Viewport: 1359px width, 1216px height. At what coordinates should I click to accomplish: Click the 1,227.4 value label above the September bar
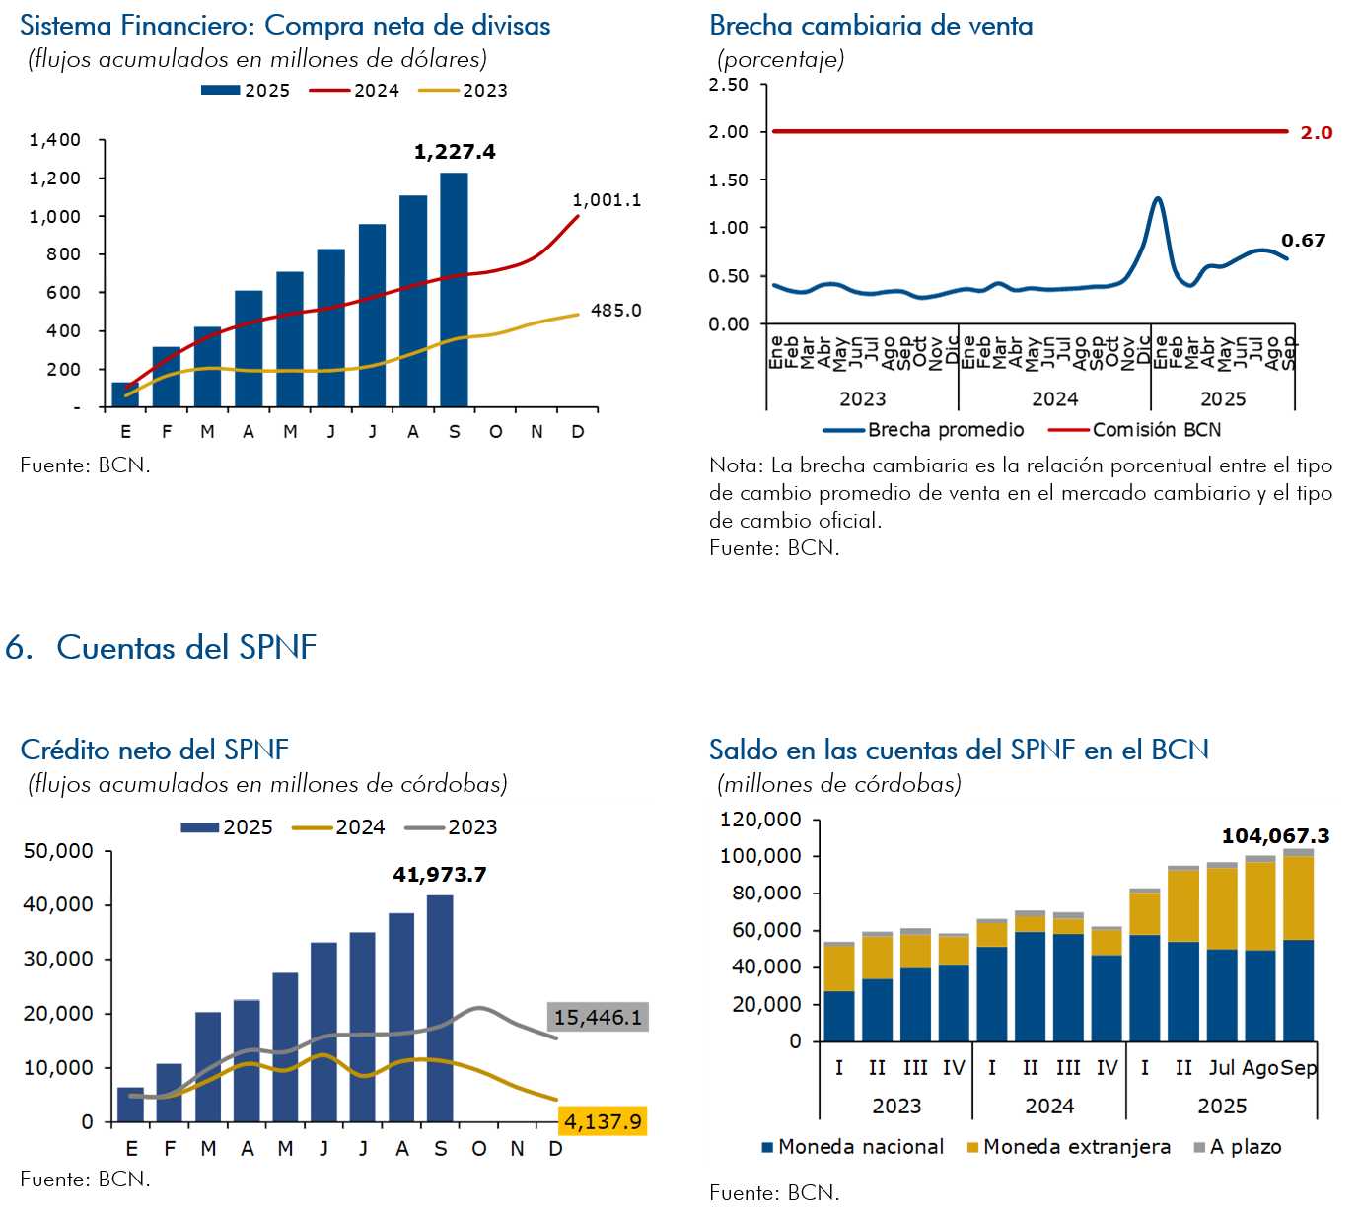click(x=455, y=152)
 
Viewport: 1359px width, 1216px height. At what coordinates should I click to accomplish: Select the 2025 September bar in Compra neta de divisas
click(x=454, y=290)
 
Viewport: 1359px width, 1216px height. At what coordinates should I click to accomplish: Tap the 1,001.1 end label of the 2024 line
click(x=607, y=200)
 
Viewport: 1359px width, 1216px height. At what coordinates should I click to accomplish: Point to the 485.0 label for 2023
click(x=615, y=311)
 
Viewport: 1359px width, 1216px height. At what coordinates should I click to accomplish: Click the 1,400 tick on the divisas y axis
click(x=55, y=140)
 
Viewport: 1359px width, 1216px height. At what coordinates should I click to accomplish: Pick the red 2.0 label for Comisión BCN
click(x=1316, y=132)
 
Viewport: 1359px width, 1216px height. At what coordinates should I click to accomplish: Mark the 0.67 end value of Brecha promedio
click(x=1303, y=241)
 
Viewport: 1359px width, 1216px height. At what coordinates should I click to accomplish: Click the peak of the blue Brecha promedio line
click(x=1158, y=199)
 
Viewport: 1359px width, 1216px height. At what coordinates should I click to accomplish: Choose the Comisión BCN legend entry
click(x=1135, y=430)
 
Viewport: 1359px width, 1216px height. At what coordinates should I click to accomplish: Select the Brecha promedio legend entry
click(x=924, y=430)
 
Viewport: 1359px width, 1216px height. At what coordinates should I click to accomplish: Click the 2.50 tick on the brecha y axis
click(x=728, y=85)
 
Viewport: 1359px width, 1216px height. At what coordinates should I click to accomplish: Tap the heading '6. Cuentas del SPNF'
click(x=161, y=648)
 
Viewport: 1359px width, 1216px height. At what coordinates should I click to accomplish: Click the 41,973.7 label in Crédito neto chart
click(x=439, y=875)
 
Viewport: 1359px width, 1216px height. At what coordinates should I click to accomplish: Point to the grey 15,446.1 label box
click(x=598, y=1017)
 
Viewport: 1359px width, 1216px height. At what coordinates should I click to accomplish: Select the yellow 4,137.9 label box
click(x=602, y=1121)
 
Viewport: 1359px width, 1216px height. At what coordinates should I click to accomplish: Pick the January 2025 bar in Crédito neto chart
click(x=130, y=1105)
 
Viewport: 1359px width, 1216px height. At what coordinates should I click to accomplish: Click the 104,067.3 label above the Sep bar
click(x=1275, y=836)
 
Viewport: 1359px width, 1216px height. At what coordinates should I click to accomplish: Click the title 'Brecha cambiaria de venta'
click(x=871, y=26)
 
